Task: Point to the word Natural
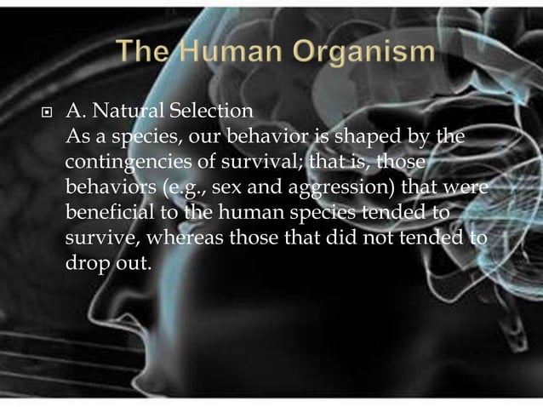coord(125,112)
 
